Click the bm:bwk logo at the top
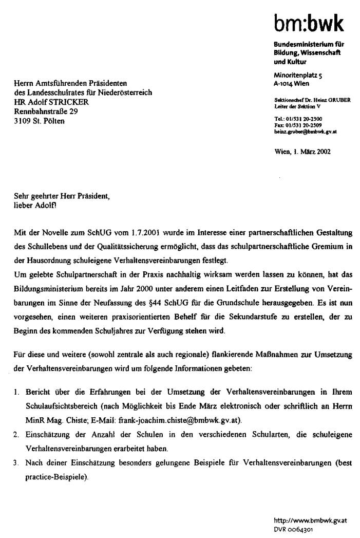coord(308,23)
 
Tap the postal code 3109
coord(22,121)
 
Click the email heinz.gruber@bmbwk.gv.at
coord(306,132)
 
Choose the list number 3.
coord(16,463)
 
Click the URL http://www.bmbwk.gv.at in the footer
coord(310,520)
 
